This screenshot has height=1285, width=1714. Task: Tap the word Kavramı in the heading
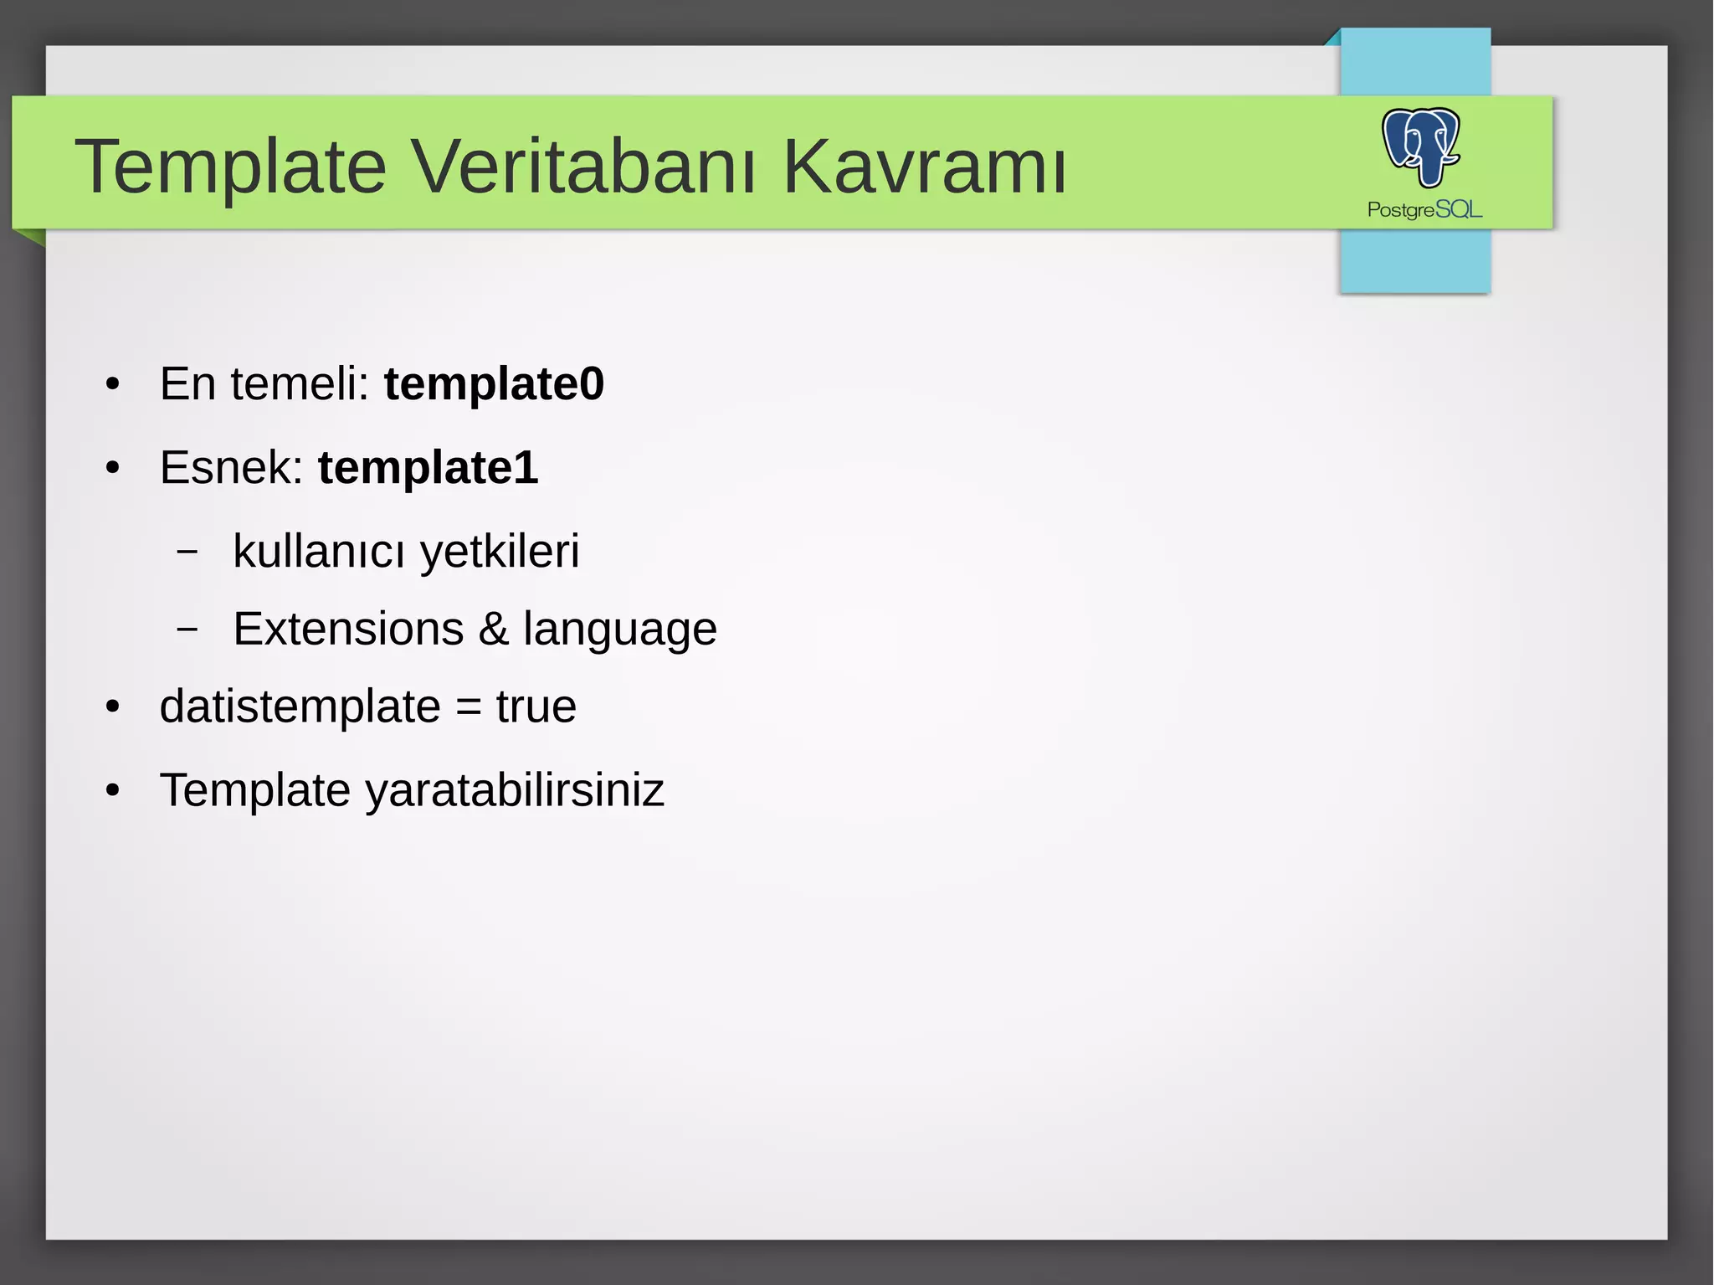(x=924, y=167)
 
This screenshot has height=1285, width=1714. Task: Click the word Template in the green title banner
(x=231, y=168)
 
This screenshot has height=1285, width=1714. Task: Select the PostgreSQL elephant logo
(x=1421, y=147)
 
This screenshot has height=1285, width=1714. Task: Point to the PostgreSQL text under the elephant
(x=1424, y=209)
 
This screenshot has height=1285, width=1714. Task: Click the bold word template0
(x=494, y=384)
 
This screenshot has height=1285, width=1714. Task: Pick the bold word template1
(x=428, y=467)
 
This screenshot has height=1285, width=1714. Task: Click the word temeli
(x=300, y=384)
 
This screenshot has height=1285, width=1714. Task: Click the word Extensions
(x=348, y=629)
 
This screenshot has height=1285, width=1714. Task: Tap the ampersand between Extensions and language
(x=494, y=629)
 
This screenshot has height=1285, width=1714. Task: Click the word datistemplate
(x=300, y=707)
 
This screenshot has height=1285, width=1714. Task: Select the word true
(x=536, y=707)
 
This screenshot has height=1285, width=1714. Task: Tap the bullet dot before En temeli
(x=113, y=385)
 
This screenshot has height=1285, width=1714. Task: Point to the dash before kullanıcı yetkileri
(x=188, y=552)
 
